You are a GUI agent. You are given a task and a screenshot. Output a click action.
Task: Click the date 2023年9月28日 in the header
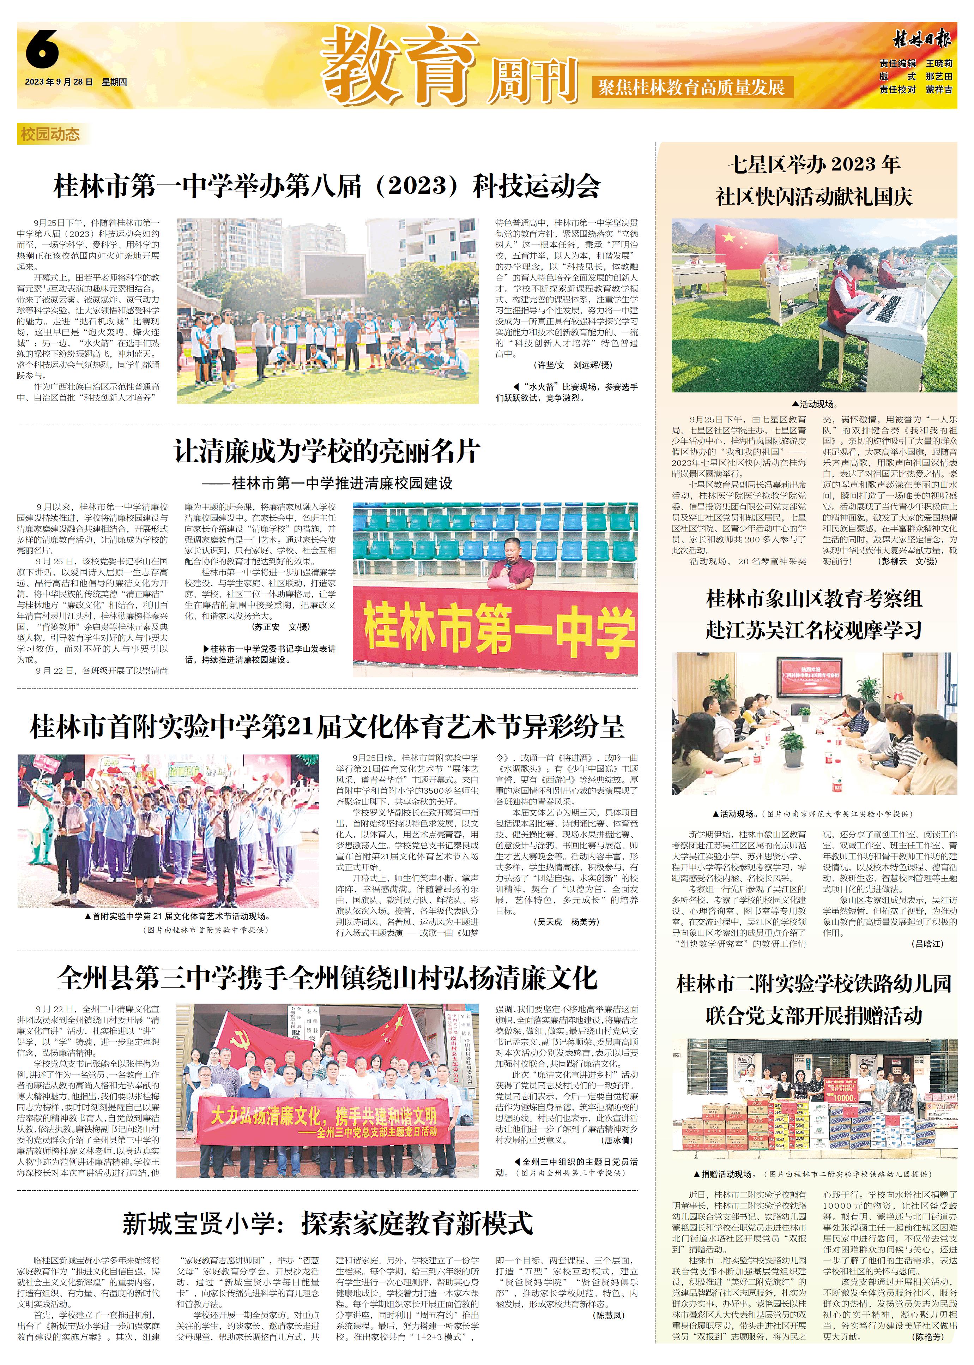tap(59, 82)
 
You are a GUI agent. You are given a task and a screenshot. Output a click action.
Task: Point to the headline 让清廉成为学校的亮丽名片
tap(327, 451)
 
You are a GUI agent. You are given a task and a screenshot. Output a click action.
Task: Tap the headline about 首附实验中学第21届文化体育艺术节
tap(327, 727)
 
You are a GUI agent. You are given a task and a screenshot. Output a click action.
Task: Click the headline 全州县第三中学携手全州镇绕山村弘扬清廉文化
tap(327, 978)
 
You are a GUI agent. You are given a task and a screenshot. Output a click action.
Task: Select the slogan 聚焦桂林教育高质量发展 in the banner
tap(691, 88)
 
